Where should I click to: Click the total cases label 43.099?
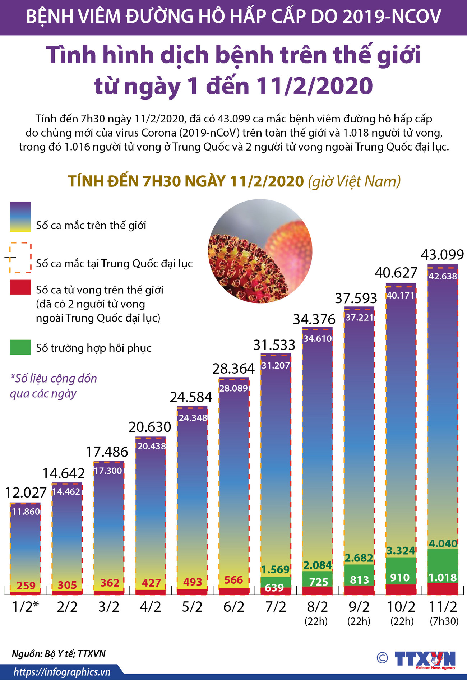pos(442,255)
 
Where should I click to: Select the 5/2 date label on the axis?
pos(192,607)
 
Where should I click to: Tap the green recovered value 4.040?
pos(443,543)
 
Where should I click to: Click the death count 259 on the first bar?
pos(26,586)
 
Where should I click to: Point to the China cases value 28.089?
pos(233,388)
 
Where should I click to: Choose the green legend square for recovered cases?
pos(20,347)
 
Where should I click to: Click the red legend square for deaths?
pos(20,287)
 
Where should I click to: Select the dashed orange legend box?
pos(20,258)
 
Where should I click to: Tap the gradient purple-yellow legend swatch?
pos(20,217)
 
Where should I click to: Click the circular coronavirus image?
pos(260,251)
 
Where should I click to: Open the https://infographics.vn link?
pos(62,672)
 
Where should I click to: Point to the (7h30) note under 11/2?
pos(444,621)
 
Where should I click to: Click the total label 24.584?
pos(191,397)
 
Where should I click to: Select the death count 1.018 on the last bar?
pos(443,578)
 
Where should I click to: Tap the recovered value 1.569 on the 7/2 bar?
pos(275,569)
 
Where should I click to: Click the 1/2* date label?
pos(25,607)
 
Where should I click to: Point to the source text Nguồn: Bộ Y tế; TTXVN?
pos(59,653)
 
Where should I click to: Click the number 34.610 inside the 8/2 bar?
pos(318,339)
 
